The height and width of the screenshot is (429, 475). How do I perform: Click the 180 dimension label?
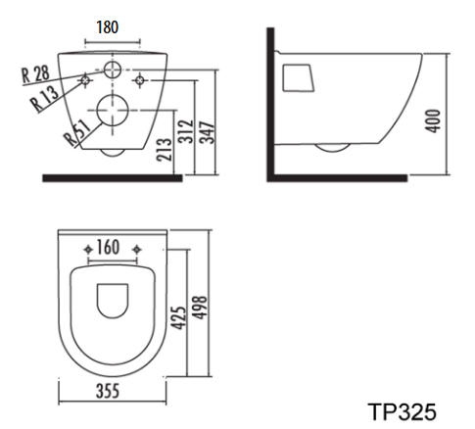[x=108, y=27]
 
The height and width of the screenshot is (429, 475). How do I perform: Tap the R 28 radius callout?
[x=35, y=74]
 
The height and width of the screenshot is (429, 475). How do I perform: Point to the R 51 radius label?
[x=78, y=132]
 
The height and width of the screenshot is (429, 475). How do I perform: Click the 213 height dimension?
[x=165, y=149]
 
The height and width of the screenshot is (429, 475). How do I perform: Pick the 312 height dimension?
[x=186, y=131]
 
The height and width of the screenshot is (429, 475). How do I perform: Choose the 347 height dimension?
[x=208, y=132]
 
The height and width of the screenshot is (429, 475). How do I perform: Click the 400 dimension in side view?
[x=433, y=121]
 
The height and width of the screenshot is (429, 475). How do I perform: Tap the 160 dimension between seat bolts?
[x=108, y=248]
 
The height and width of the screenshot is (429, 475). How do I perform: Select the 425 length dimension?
[x=179, y=317]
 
